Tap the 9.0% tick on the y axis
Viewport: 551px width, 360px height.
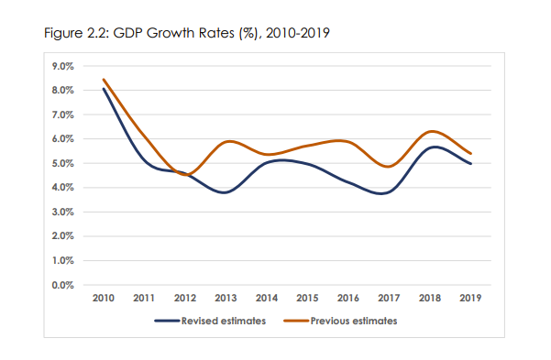[61, 66]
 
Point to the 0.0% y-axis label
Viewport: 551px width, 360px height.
[61, 285]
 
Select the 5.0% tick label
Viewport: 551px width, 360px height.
[61, 163]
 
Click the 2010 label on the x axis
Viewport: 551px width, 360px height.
[104, 298]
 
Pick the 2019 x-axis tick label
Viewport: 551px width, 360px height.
[470, 298]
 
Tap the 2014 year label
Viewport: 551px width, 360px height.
[267, 298]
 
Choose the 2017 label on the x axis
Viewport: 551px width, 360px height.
[389, 298]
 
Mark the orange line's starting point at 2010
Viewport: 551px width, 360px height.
[104, 80]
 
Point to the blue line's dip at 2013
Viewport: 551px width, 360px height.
[226, 192]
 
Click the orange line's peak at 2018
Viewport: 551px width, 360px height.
[430, 132]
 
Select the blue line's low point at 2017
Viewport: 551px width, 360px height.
[389, 192]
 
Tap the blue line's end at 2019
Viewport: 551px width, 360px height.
[470, 163]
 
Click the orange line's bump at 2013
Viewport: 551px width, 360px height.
[226, 142]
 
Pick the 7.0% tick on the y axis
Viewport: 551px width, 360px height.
[61, 115]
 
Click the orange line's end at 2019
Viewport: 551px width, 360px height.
[470, 153]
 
